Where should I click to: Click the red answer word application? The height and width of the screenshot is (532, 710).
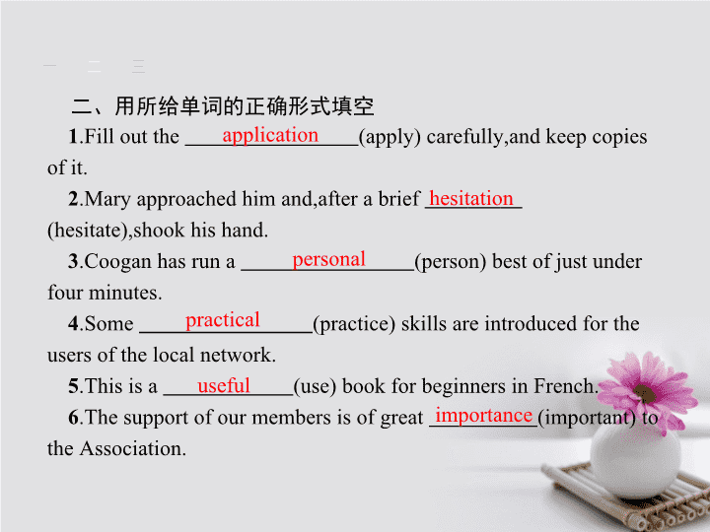(270, 135)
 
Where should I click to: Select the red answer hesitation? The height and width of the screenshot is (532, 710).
(471, 198)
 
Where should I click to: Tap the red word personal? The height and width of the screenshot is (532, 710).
(328, 260)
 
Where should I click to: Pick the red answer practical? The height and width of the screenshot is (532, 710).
(222, 320)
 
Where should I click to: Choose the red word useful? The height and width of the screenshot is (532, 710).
(224, 385)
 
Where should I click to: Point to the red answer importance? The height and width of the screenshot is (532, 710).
(483, 416)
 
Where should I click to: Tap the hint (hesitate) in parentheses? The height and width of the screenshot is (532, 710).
(88, 231)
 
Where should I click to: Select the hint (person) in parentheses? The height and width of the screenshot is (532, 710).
(451, 262)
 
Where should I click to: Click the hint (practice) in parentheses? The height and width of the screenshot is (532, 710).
(354, 324)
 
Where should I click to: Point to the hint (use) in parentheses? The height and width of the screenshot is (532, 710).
(315, 386)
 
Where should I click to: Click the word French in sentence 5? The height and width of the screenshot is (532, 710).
(563, 386)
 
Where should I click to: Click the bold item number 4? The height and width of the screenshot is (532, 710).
(73, 324)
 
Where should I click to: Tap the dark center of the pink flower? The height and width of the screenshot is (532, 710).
(644, 393)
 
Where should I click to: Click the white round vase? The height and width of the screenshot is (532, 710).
(636, 456)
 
